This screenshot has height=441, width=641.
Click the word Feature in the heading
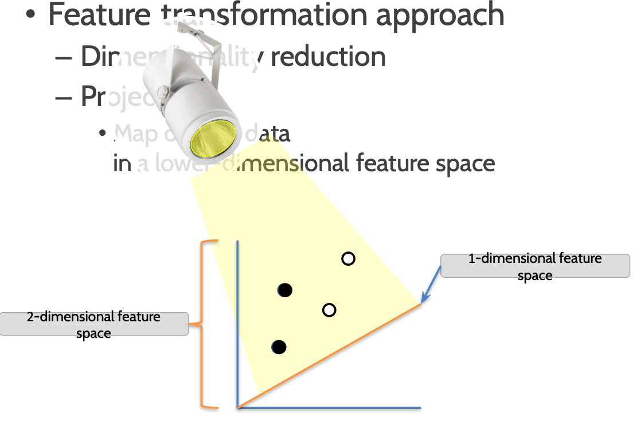[x=98, y=15]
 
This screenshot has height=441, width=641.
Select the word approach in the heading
[x=440, y=15]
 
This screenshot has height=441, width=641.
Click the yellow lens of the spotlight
[x=214, y=139]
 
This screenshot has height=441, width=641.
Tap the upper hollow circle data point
[x=348, y=259]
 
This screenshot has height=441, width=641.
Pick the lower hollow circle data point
[x=329, y=310]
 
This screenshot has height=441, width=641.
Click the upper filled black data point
[x=284, y=290]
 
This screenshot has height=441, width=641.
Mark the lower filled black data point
[x=279, y=346]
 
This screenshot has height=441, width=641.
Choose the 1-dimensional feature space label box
[x=535, y=266]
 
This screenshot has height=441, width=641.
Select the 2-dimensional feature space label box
[x=94, y=324]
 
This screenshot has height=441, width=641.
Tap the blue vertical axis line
[x=237, y=321]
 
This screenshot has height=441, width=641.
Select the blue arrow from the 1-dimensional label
[x=431, y=285]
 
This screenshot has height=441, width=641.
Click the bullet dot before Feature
[x=31, y=15]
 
